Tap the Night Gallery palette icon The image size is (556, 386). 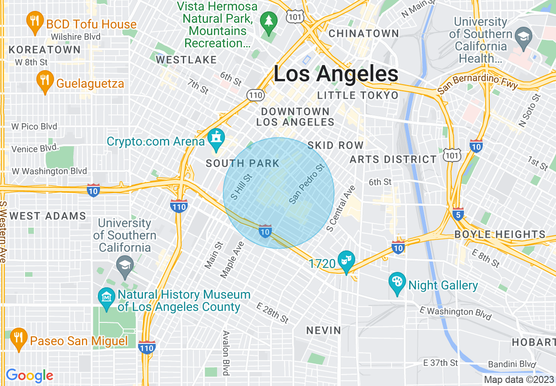coord(397,283)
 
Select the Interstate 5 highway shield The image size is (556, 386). coord(458,214)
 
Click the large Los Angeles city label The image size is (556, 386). coord(336,74)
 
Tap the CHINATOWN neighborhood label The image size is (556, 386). coord(364,33)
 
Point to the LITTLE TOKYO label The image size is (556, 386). coord(358,95)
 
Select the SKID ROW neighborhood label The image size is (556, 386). coord(335,145)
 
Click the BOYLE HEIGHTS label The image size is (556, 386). coord(500,234)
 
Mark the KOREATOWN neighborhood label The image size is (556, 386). coord(45,50)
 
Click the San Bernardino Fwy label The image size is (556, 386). coord(478,84)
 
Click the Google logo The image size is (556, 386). coord(29,375)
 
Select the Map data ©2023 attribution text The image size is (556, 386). coord(519,380)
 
